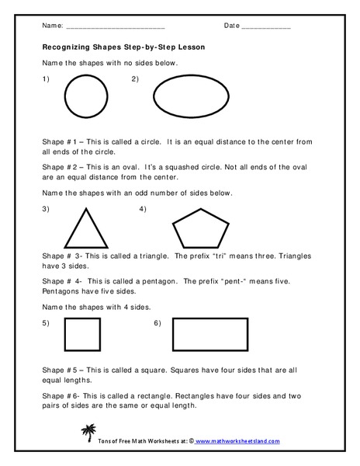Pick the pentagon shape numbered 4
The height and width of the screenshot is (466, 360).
pyautogui.click(x=200, y=228)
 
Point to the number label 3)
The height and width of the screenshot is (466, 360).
pyautogui.click(x=46, y=209)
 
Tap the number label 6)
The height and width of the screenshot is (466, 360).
pyautogui.click(x=157, y=322)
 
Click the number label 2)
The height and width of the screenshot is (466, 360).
pyautogui.click(x=135, y=79)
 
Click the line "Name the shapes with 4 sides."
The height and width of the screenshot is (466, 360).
pyautogui.click(x=95, y=306)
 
